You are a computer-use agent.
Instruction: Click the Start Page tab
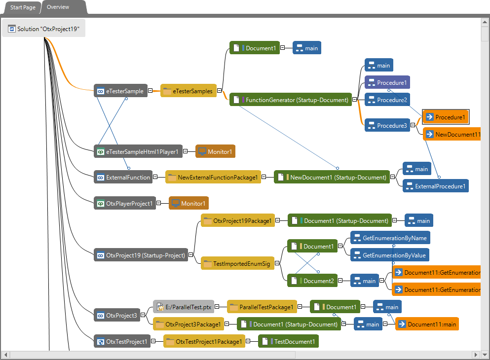(x=23, y=8)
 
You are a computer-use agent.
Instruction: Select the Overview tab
(x=58, y=7)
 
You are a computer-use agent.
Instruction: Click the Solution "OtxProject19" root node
(x=43, y=29)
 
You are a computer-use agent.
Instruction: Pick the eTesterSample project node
(x=120, y=91)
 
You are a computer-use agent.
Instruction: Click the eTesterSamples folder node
(x=188, y=91)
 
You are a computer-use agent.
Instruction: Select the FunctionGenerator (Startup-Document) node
(x=291, y=100)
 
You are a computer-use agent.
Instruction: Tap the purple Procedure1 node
(x=387, y=82)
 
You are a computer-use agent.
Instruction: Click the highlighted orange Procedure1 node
(x=446, y=117)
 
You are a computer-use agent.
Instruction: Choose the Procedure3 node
(x=387, y=126)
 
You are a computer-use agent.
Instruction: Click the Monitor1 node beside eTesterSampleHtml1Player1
(x=215, y=151)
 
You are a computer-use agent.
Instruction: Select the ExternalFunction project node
(x=123, y=177)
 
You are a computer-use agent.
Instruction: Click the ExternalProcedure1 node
(x=435, y=186)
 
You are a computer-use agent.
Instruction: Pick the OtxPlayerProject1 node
(x=125, y=203)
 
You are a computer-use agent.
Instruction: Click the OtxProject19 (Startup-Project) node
(x=141, y=255)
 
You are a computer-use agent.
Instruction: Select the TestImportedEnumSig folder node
(x=237, y=264)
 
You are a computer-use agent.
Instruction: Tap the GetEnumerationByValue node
(x=390, y=255)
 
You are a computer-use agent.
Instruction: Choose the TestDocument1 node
(x=289, y=341)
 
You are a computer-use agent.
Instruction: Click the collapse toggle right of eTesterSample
(x=151, y=91)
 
